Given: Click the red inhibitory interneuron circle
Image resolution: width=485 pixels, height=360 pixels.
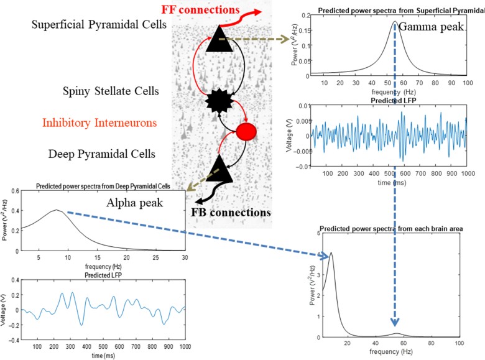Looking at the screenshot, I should point(247,132).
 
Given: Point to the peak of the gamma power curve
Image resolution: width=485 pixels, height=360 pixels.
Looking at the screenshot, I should point(394,22).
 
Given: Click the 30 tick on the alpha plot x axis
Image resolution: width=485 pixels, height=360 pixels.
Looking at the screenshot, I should point(185,258).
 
